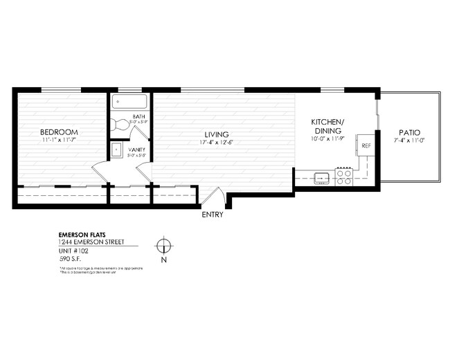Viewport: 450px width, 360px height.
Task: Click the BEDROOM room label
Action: point(58,132)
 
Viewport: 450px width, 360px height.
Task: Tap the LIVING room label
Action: point(216,134)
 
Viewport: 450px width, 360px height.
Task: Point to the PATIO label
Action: point(410,133)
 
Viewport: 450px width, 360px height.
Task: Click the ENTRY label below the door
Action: point(212,215)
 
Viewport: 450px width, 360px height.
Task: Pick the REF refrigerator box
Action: point(365,146)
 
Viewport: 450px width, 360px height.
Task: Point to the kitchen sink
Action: point(322,178)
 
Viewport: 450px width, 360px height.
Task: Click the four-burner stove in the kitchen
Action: point(344,177)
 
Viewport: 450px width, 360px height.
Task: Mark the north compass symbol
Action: point(163,246)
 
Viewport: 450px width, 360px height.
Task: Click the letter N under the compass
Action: point(163,261)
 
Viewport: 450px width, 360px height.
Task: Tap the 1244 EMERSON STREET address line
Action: point(90,242)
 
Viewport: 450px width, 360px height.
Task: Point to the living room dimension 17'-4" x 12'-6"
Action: point(216,143)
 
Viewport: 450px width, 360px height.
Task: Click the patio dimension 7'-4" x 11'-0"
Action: point(410,141)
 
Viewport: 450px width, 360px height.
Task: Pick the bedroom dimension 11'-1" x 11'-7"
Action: point(58,141)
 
